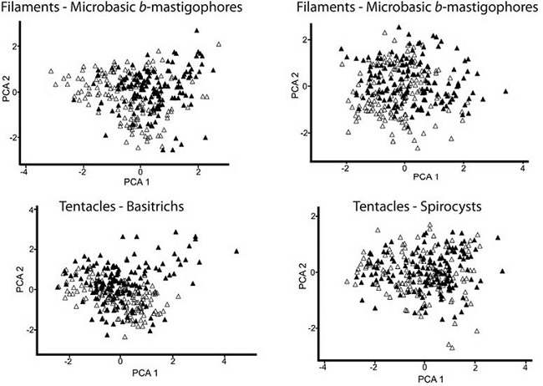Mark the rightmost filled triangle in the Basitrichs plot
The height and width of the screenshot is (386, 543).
coord(237,250)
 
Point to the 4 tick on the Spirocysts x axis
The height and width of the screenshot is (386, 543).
coord(525,367)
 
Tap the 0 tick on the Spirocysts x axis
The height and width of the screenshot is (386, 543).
coord(425,367)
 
